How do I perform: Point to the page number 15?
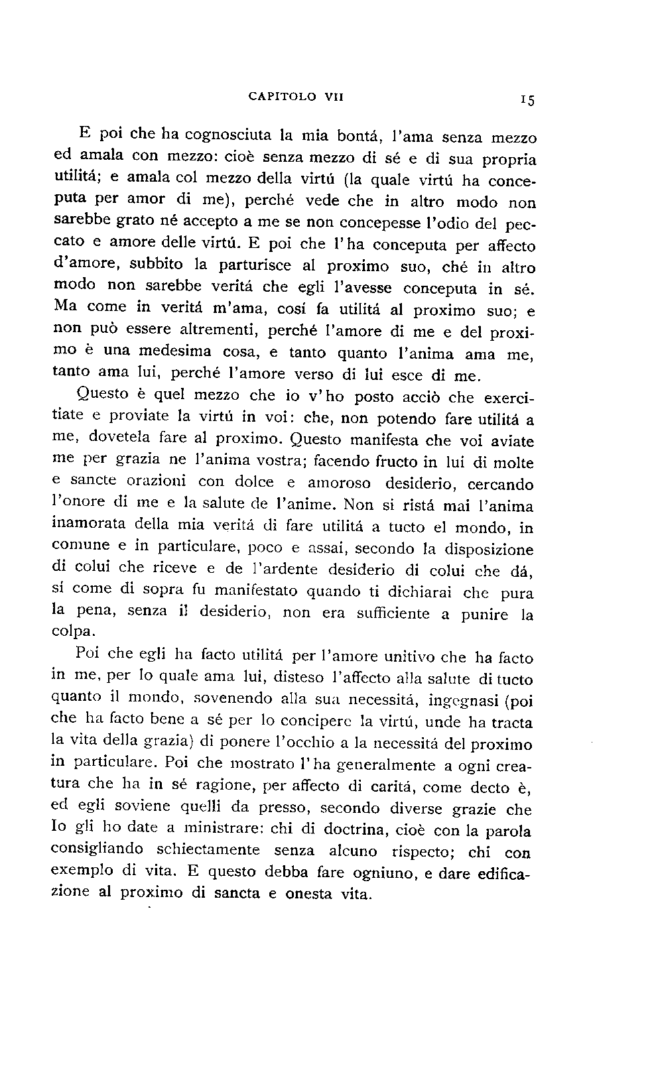[528, 100]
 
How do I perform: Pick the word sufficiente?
[393, 613]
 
